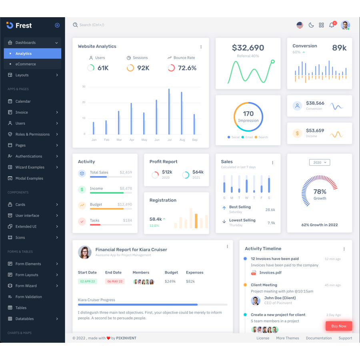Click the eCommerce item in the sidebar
pyautogui.click(x=26, y=64)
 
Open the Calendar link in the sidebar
pyautogui.click(x=23, y=102)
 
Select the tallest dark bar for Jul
pyautogui.click(x=169, y=112)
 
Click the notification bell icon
pyautogui.click(x=332, y=25)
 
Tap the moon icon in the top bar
pyautogui.click(x=311, y=25)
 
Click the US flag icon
pyautogui.click(x=300, y=25)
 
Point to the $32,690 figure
pyautogui.click(x=248, y=48)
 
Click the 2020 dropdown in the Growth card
pyautogui.click(x=319, y=162)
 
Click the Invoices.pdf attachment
pyautogui.click(x=270, y=273)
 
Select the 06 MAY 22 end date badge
pyautogui.click(x=115, y=281)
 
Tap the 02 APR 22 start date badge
pyautogui.click(x=88, y=281)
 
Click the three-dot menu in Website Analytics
pyautogui.click(x=201, y=47)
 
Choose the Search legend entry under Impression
pyautogui.click(x=263, y=137)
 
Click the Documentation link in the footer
pyautogui.click(x=319, y=338)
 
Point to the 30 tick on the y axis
pyautogui.click(x=84, y=86)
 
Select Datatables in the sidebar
pyautogui.click(x=24, y=319)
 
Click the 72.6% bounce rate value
pyautogui.click(x=187, y=68)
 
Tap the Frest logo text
pyautogui.click(x=24, y=26)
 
